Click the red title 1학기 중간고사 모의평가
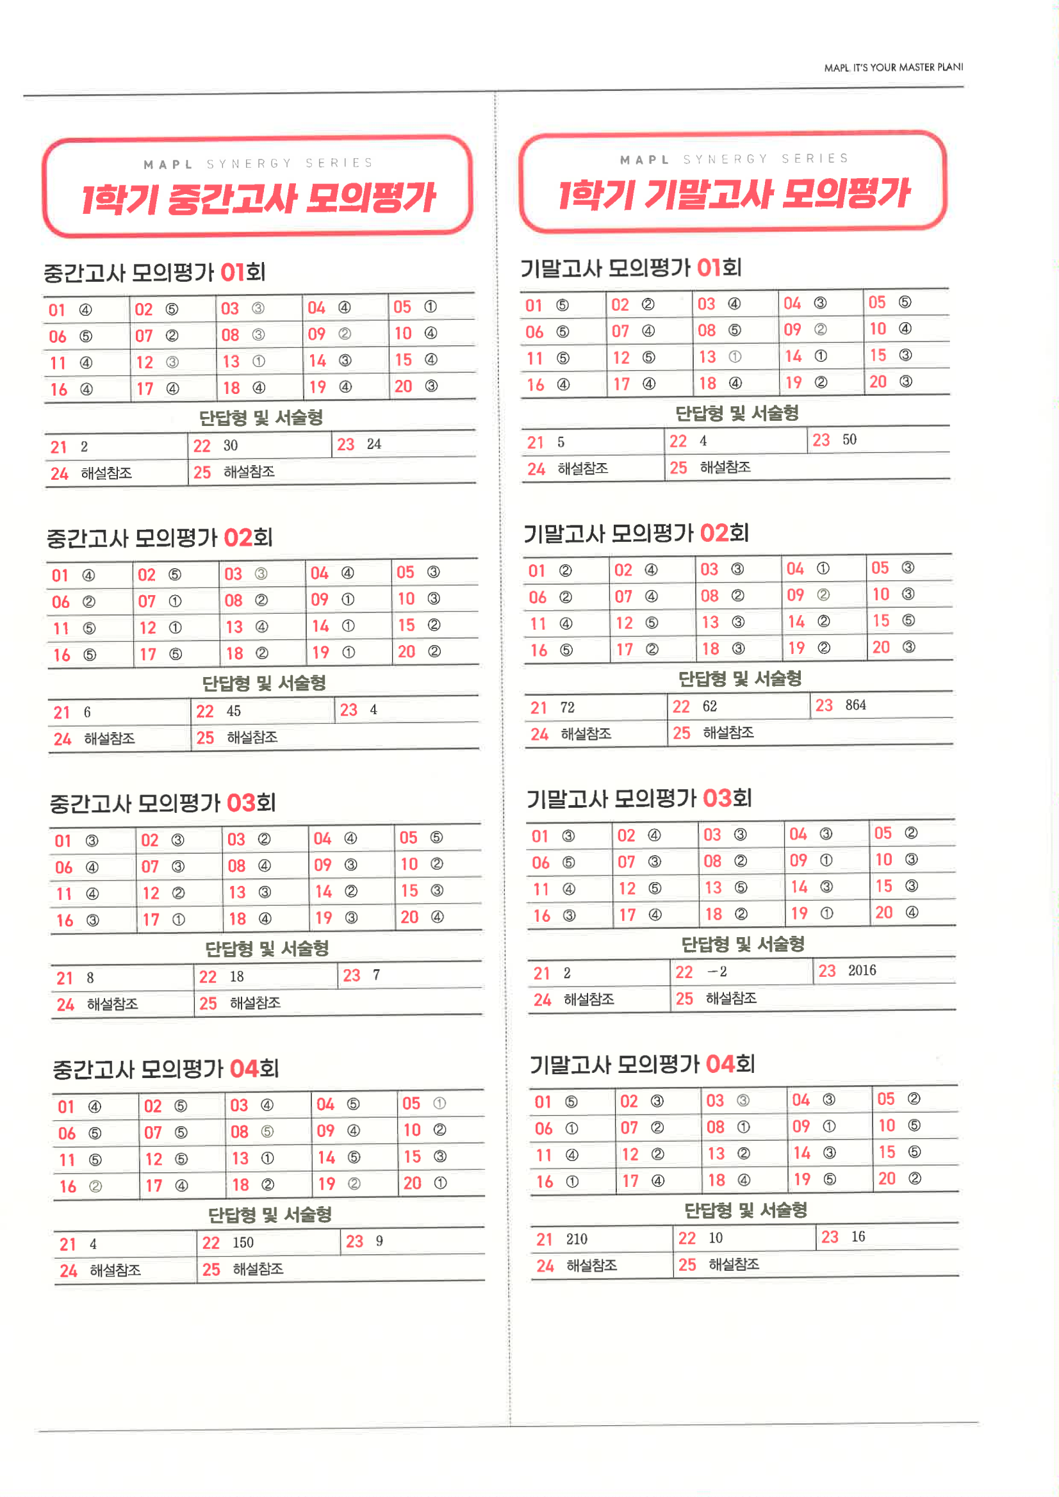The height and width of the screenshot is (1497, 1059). click(x=258, y=198)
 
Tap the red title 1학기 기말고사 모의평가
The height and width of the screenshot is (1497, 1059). click(x=734, y=194)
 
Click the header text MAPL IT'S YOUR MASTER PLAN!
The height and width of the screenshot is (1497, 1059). click(x=893, y=67)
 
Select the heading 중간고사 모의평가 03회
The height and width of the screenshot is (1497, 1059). click(x=162, y=803)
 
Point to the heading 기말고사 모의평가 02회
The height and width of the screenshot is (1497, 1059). click(x=636, y=534)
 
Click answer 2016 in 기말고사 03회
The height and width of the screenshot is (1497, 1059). click(x=862, y=970)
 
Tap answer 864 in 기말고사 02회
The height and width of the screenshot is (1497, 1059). click(x=855, y=705)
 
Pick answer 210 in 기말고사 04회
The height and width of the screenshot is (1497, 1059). click(x=577, y=1239)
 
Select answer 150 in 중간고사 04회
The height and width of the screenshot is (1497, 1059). click(x=243, y=1243)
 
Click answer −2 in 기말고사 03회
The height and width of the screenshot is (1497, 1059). click(x=718, y=972)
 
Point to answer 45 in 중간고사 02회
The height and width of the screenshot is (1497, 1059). click(x=233, y=710)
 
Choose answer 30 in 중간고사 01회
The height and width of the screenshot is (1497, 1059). click(x=230, y=445)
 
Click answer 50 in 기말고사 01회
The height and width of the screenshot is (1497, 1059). click(x=849, y=439)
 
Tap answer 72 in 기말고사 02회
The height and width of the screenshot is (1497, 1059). click(x=568, y=707)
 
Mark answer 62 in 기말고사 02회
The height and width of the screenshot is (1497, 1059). click(x=709, y=706)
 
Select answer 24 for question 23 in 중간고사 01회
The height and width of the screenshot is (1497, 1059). click(x=374, y=444)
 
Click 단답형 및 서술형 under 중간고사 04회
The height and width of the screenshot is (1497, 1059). click(x=270, y=1214)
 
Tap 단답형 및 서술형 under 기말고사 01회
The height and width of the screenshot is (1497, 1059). click(x=737, y=413)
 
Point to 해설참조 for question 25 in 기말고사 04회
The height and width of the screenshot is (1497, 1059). click(x=734, y=1264)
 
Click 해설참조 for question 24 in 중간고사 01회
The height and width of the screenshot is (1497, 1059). click(x=106, y=473)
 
